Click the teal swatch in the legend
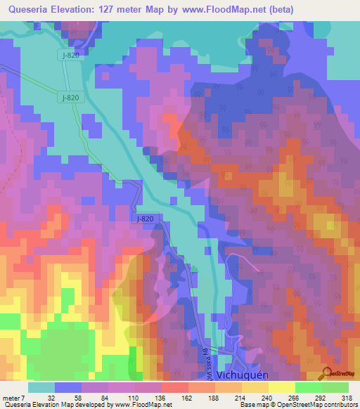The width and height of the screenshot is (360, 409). click(x=41, y=387)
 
